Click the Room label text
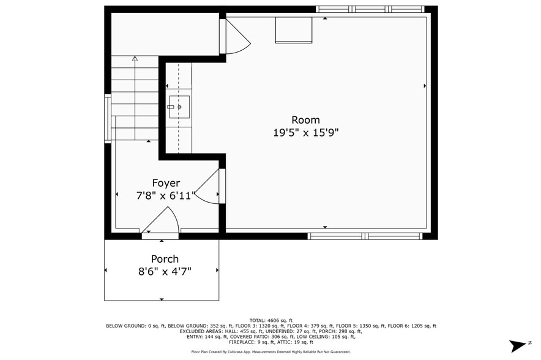305,120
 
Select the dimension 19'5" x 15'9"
305,132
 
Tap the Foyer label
166,183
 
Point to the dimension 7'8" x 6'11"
166,196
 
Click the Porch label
165,259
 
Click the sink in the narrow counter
179,107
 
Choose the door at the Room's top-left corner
236,37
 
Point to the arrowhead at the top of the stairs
135,59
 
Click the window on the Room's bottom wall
365,236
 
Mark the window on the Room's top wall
370,9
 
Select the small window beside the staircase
108,119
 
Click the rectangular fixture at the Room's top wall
293,30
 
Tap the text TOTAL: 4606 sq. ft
270,320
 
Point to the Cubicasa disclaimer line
270,352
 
